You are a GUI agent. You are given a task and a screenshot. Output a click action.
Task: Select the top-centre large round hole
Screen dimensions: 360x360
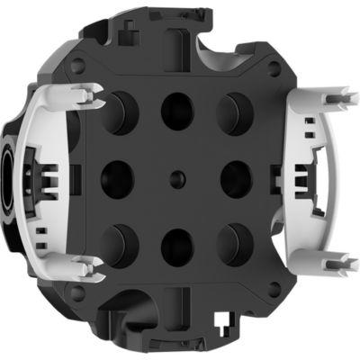coord(177,109)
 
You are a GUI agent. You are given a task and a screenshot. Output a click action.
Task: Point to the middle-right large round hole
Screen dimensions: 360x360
coord(236,176)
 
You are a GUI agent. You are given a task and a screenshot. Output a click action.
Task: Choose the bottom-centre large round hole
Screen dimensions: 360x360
coord(177,245)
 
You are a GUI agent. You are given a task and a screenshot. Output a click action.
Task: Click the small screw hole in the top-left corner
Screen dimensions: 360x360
coord(79,64)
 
